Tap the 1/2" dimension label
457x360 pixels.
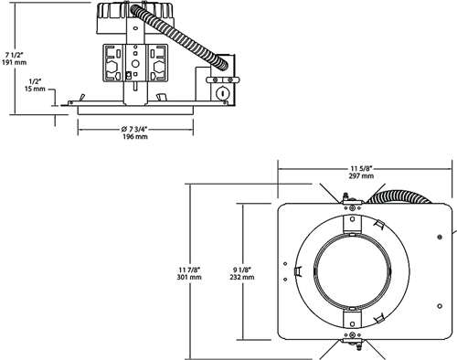[x=34, y=81]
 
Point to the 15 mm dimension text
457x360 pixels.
[x=34, y=90]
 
